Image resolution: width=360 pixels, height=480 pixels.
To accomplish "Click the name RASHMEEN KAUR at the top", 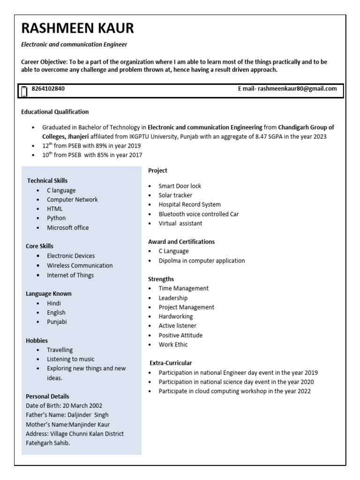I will click(x=77, y=29).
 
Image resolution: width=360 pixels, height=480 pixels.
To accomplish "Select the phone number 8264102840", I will click(x=48, y=89).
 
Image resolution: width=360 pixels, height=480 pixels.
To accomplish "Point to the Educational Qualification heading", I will click(x=55, y=112).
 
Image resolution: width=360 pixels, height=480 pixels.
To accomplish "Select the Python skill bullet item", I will click(x=56, y=218).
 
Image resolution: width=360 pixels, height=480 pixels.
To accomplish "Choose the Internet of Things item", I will click(x=70, y=275).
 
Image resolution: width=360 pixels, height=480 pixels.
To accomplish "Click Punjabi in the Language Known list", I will click(x=57, y=322).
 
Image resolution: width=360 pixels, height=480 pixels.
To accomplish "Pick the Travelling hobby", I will click(x=60, y=350).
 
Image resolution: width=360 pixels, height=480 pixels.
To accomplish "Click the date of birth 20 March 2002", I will click(x=78, y=405).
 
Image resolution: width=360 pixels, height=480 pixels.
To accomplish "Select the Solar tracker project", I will click(x=175, y=195).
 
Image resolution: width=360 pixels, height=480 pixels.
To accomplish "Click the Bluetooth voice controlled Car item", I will click(x=199, y=214).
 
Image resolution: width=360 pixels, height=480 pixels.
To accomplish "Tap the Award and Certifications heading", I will click(x=181, y=242).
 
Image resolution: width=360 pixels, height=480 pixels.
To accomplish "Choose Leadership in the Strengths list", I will click(x=173, y=298).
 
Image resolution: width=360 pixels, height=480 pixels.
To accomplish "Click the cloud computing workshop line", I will click(x=234, y=391).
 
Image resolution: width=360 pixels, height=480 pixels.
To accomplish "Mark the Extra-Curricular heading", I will click(x=171, y=363).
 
